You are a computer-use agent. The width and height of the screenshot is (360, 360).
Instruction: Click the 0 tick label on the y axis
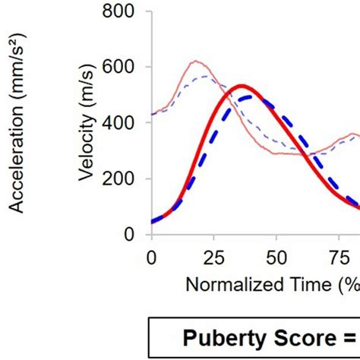[x=130, y=235]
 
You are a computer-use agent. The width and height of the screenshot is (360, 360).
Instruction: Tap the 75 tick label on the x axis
[x=340, y=257]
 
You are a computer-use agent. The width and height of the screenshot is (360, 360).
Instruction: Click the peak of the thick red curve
[x=242, y=86]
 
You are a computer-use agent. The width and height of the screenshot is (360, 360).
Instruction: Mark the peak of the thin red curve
[x=197, y=61]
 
